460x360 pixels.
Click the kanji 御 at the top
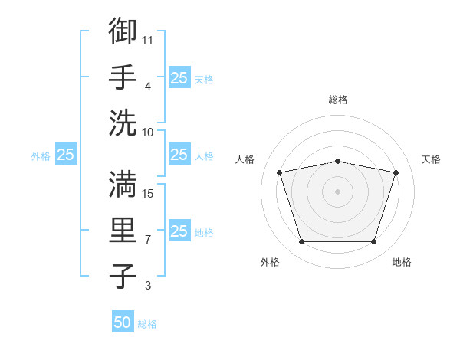coord(123,31)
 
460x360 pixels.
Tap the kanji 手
coord(123,77)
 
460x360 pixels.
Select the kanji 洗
coord(123,123)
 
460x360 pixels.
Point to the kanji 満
coord(123,184)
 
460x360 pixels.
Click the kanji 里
coord(123,230)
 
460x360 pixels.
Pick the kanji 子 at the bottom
coord(123,277)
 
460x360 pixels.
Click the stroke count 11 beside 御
coord(147,41)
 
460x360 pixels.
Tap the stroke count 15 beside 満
coord(147,194)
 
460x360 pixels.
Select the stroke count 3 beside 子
coord(148,286)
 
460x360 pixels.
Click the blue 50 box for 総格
coord(123,321)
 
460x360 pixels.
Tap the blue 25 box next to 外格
coord(66,154)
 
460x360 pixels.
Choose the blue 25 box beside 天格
coord(179,77)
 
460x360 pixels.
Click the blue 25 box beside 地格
coord(179,230)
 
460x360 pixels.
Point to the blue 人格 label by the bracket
coord(204,156)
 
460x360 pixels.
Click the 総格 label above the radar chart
coord(338,100)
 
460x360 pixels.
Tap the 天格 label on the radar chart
coord(431,159)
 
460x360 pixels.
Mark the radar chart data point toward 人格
coord(280,172)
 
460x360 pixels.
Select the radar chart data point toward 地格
coord(374,242)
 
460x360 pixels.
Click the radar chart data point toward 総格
coord(337,162)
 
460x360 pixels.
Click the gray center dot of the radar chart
coord(337,191)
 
